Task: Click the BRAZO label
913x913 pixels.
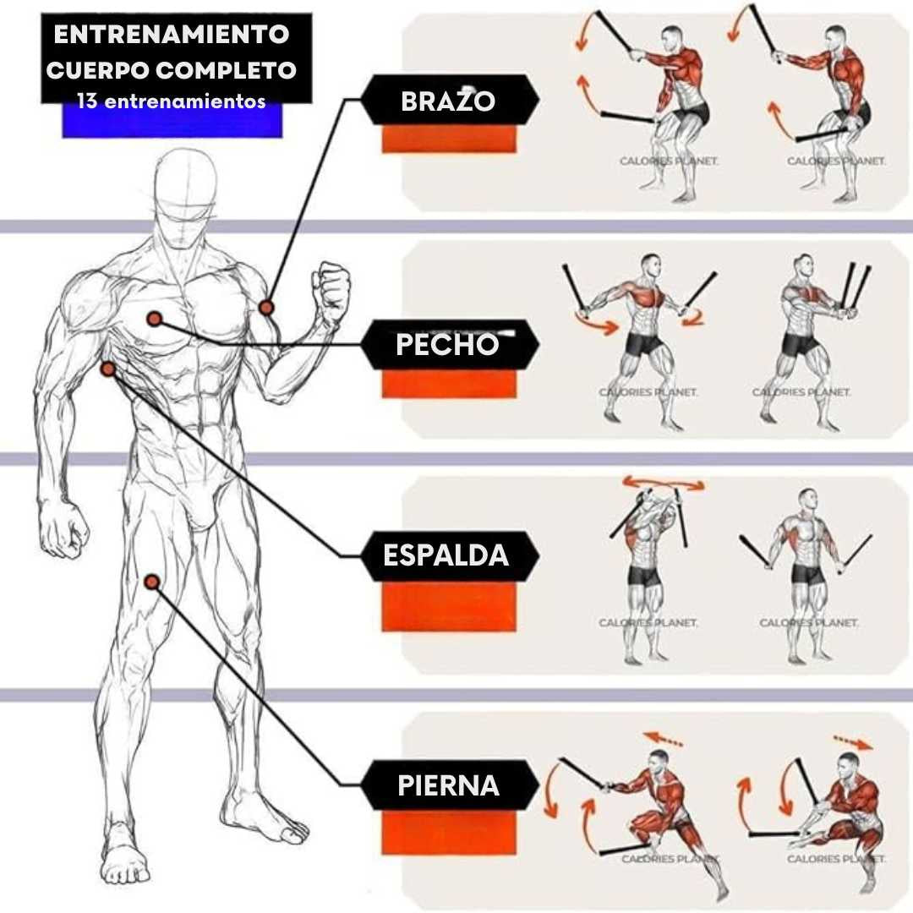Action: (x=448, y=101)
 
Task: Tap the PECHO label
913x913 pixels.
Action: (x=448, y=345)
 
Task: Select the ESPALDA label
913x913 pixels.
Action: (x=446, y=555)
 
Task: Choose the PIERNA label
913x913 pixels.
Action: (x=448, y=785)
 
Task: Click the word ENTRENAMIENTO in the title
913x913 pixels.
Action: (x=172, y=36)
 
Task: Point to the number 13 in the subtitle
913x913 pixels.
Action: (x=86, y=101)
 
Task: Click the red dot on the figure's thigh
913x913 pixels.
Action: (x=152, y=582)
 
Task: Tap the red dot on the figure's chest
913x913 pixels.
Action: (x=154, y=319)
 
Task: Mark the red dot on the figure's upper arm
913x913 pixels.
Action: (x=266, y=307)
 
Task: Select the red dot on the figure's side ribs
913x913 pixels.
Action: (x=108, y=369)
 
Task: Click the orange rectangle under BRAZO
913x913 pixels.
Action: (x=448, y=139)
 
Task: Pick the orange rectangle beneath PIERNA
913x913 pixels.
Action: (x=448, y=832)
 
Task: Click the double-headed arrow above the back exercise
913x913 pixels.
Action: (x=663, y=484)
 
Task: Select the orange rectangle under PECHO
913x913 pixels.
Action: (x=448, y=385)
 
